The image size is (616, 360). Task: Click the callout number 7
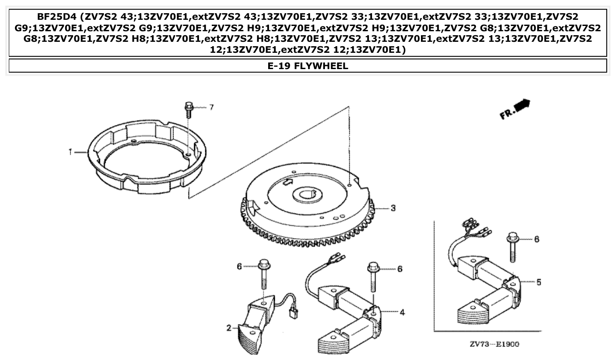tap(211, 107)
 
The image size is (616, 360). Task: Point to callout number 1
tap(70, 152)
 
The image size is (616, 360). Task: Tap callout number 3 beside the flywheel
tap(393, 208)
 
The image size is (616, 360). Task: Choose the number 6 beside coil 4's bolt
tap(399, 269)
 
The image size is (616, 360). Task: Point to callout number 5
tap(539, 282)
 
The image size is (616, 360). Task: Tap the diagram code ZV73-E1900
tap(494, 344)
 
